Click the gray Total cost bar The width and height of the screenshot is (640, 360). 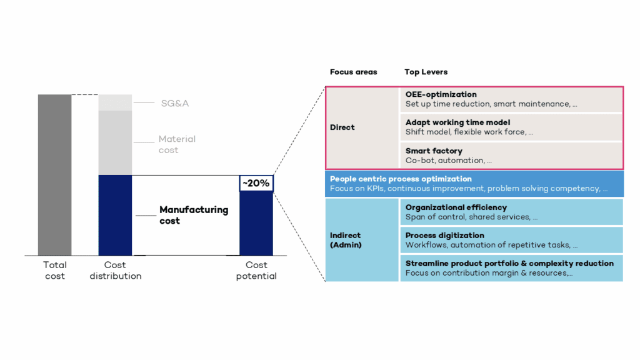tap(54, 175)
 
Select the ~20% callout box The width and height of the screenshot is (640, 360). tap(256, 183)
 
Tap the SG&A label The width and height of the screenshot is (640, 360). tap(174, 103)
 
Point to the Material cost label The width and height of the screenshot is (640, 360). tap(177, 144)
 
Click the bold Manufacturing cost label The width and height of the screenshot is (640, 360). tap(194, 215)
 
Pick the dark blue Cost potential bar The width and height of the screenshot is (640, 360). tap(256, 224)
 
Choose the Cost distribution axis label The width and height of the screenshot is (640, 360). tap(115, 271)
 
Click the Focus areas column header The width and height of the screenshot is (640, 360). tap(353, 72)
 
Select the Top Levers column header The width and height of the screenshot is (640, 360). tap(426, 72)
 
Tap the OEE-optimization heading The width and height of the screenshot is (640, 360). tap(441, 94)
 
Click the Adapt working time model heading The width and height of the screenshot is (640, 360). tap(457, 122)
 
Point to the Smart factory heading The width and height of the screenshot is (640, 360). tap(434, 151)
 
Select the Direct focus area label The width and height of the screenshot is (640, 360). tap(342, 127)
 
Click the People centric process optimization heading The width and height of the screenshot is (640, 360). tap(401, 179)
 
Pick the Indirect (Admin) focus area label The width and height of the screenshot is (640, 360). tap(346, 240)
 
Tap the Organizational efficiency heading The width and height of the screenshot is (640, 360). tap(456, 207)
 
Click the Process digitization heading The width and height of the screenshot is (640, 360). tap(444, 236)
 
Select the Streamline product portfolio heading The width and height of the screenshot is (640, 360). tap(509, 263)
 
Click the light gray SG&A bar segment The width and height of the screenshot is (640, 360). tap(115, 102)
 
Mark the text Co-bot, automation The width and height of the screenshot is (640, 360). tap(448, 161)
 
